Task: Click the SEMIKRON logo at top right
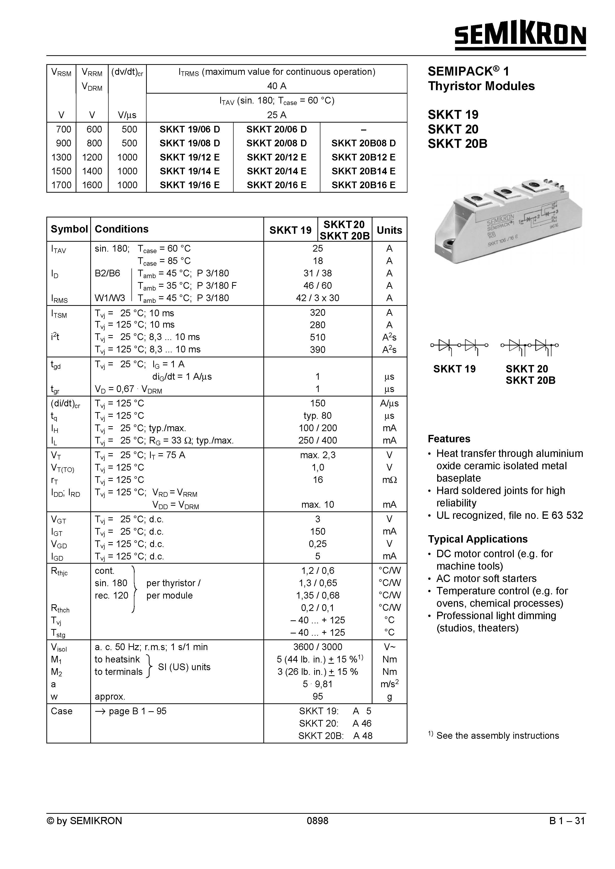coord(520,35)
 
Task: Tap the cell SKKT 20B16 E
coord(363,185)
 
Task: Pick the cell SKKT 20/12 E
coord(277,157)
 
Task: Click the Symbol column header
coord(69,229)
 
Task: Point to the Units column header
coord(389,230)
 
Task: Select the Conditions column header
coord(121,229)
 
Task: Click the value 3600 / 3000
coord(317,647)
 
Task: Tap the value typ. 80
coord(317,416)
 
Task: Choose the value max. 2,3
coord(317,455)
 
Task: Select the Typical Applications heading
coord(477,539)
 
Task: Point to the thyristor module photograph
coord(508,219)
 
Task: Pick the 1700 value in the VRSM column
coord(61,185)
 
